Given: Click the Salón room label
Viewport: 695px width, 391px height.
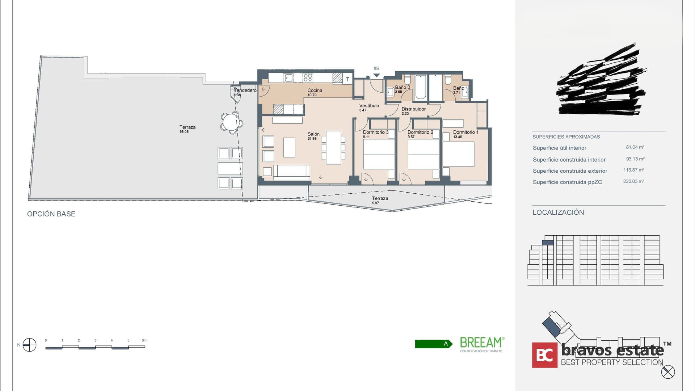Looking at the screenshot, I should [x=313, y=134].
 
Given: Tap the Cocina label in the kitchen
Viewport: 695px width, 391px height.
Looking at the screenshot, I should [x=315, y=91].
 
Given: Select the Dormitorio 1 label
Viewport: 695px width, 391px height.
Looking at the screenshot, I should [x=466, y=133].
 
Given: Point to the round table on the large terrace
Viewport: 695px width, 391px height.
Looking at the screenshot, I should [x=231, y=122].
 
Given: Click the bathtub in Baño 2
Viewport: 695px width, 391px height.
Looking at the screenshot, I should [x=421, y=87].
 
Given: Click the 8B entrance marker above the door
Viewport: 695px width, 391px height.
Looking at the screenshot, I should [x=376, y=69].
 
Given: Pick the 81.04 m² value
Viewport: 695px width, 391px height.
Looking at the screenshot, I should [x=635, y=147].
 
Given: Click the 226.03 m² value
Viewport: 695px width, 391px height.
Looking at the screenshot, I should [x=633, y=181].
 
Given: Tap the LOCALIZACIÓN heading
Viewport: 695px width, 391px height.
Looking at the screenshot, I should [x=558, y=213].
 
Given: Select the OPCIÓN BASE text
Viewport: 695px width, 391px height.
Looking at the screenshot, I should [x=51, y=214].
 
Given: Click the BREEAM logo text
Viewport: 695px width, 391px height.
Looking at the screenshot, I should [x=481, y=342].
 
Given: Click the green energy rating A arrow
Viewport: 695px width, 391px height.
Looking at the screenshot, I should [x=433, y=344].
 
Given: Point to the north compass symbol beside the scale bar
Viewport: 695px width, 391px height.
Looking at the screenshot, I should [x=29, y=345].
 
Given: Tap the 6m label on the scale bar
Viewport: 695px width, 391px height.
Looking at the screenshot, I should [x=144, y=340].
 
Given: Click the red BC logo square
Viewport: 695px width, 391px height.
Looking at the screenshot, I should [x=544, y=355].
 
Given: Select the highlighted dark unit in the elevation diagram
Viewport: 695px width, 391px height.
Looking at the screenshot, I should [x=548, y=243].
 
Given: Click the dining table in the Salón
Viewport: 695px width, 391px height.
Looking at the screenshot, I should [x=333, y=148].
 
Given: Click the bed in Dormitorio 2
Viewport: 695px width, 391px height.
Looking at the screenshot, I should [x=423, y=154].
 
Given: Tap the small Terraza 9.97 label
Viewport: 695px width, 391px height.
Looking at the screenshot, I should [x=380, y=198].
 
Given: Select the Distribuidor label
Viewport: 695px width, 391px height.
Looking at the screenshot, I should [x=413, y=109].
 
